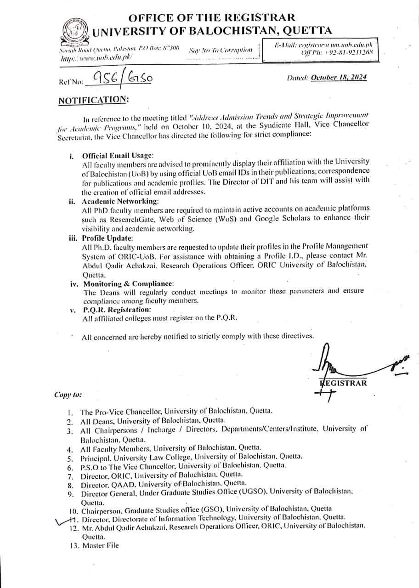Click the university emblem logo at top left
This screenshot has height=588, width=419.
coord(74,31)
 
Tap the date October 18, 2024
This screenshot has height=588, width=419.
coord(339,77)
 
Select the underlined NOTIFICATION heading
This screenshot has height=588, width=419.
coord(94,100)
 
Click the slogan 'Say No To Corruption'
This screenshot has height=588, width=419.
coord(221,50)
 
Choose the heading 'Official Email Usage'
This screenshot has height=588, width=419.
coord(118,156)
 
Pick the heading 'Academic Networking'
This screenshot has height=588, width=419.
coord(120,201)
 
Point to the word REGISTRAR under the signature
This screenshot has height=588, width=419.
coord(344,383)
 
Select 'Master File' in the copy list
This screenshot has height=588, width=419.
coord(100,545)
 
